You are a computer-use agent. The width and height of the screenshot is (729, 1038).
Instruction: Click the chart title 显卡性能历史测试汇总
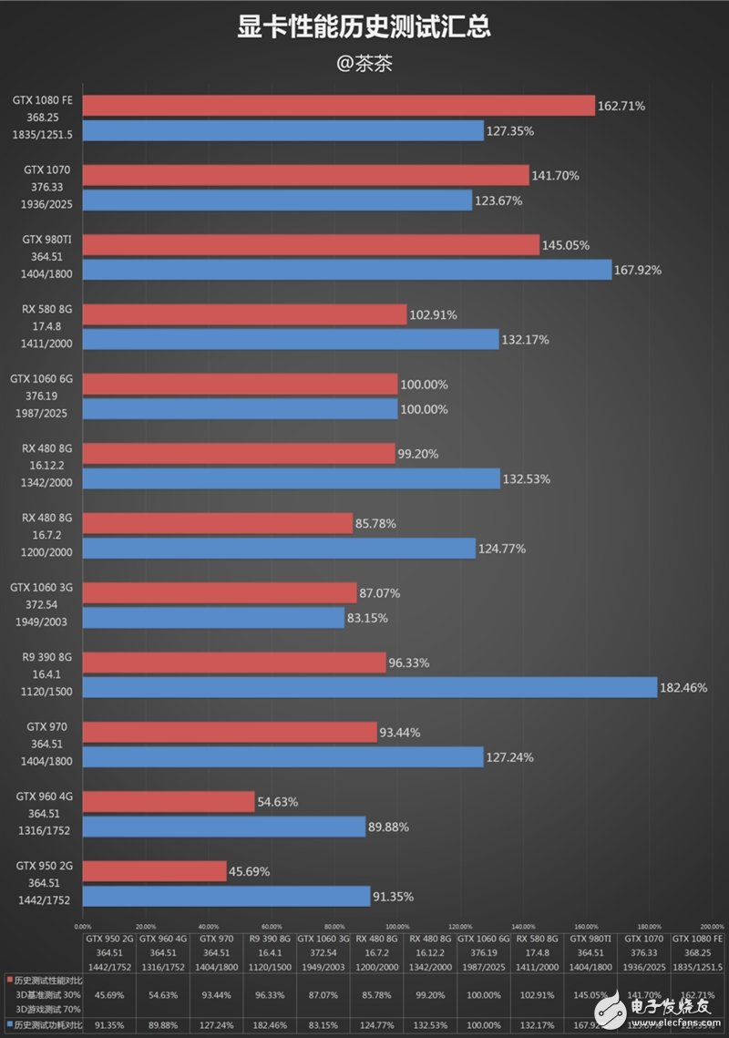[364, 28]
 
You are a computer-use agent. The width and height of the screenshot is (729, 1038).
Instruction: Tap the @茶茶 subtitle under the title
[364, 65]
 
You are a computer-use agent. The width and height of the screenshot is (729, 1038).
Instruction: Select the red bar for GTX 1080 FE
[338, 106]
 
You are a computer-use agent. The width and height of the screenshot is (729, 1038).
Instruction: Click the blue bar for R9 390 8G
[370, 687]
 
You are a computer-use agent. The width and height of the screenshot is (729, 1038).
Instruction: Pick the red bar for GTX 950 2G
[154, 871]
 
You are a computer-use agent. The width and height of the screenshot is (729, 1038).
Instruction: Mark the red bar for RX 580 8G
[244, 314]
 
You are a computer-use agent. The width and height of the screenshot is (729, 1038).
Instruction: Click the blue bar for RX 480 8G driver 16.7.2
[279, 548]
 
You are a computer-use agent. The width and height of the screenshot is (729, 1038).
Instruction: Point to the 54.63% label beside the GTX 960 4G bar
[277, 802]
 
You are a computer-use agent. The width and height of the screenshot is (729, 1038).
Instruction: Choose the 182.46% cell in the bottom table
[269, 1026]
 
